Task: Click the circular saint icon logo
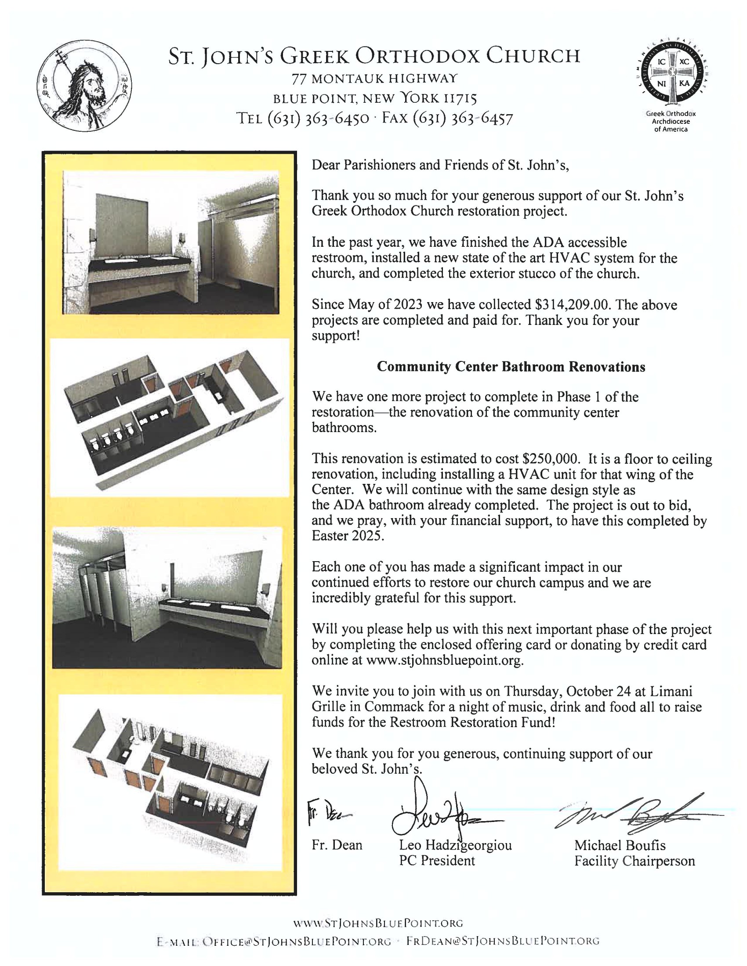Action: point(84,85)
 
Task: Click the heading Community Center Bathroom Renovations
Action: point(511,367)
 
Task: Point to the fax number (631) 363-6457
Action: point(462,119)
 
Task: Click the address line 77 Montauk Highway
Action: point(374,79)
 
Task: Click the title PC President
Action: point(436,861)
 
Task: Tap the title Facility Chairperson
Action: point(634,861)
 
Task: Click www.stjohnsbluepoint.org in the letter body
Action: point(444,660)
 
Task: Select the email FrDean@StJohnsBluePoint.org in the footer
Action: point(503,941)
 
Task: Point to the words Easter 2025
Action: point(348,536)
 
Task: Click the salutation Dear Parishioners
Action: point(364,165)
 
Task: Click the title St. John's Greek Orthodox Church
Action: point(374,57)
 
